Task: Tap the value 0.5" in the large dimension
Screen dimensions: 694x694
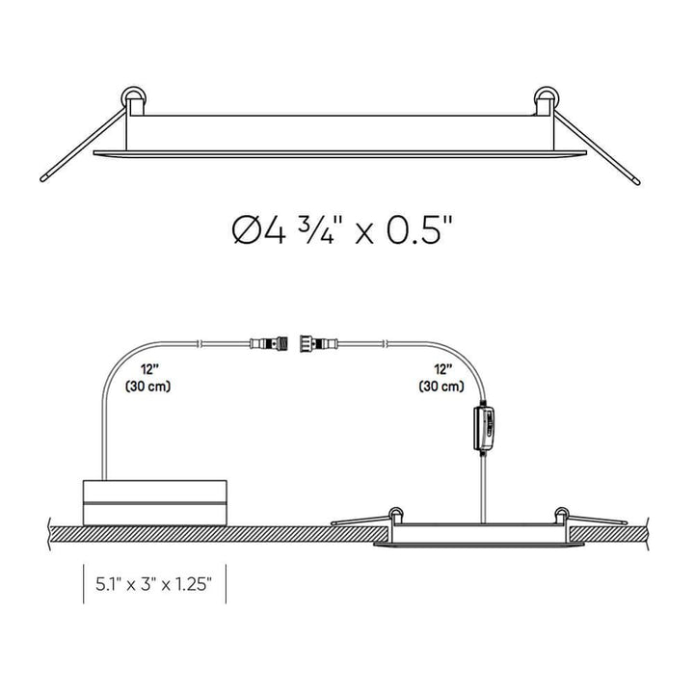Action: pyautogui.click(x=414, y=230)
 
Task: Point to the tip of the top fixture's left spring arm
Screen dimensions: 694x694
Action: pyautogui.click(x=46, y=178)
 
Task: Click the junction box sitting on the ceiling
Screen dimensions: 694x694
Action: pyautogui.click(x=155, y=500)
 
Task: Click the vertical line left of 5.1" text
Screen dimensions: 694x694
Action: pyautogui.click(x=84, y=583)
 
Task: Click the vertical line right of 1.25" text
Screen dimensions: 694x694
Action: pyautogui.click(x=226, y=583)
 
